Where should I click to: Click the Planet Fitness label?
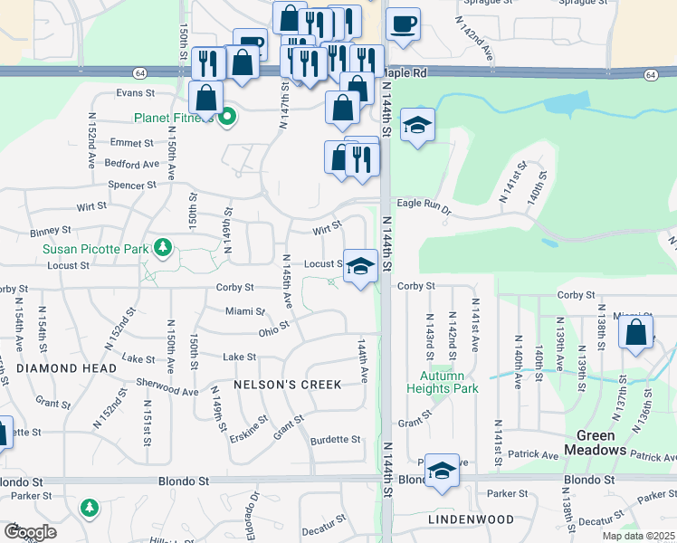tap(176, 118)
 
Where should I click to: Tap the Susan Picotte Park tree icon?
tap(163, 247)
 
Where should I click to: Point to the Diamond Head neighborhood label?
tap(66, 369)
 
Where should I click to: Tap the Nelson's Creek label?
tap(288, 385)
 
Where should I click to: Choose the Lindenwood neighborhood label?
tap(471, 519)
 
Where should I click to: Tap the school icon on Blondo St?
tap(442, 471)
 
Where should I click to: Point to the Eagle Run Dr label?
tap(424, 207)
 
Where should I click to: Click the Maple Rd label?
tap(404, 73)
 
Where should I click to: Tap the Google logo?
tap(30, 531)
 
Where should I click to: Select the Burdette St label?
tap(335, 440)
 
